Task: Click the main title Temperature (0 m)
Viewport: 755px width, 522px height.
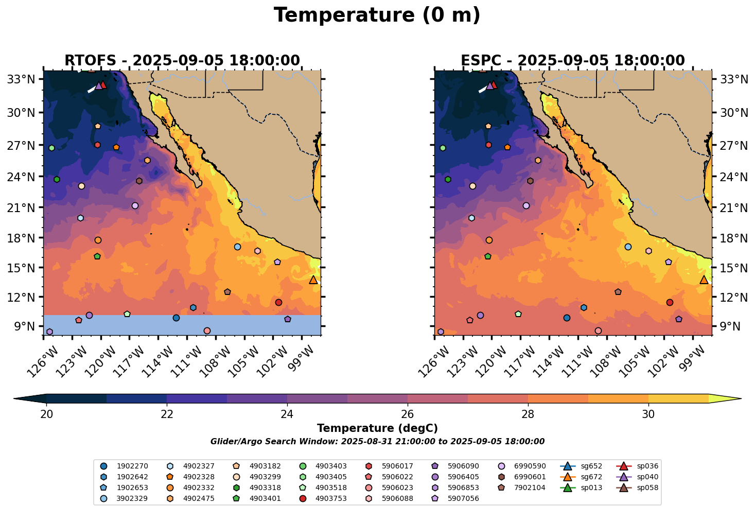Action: point(377,15)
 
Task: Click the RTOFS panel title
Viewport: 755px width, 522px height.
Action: point(182,61)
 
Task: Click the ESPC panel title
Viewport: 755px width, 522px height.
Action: point(573,61)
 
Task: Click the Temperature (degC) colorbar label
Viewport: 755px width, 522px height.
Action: point(377,428)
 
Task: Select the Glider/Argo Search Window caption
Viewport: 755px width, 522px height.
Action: point(377,442)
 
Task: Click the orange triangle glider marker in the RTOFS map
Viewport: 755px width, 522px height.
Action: point(313,280)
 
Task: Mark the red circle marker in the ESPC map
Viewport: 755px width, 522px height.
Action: point(670,302)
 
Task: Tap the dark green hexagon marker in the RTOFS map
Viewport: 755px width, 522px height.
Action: point(57,179)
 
